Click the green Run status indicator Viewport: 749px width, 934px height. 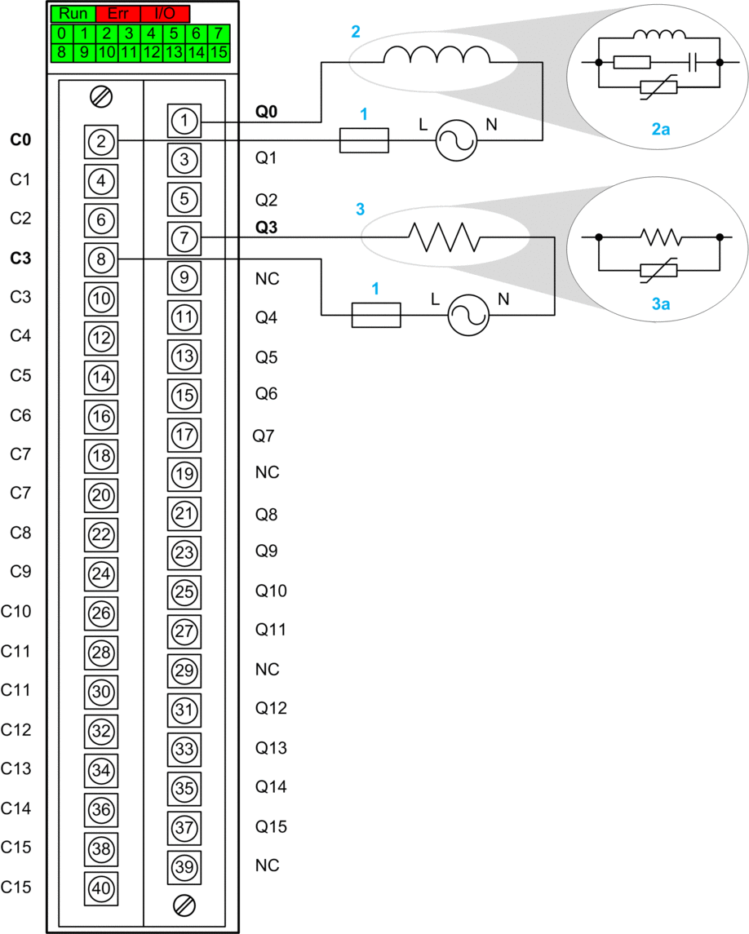[x=73, y=14]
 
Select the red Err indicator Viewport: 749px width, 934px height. [x=117, y=14]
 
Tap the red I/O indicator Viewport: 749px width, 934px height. [x=164, y=14]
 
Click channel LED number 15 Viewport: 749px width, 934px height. [x=218, y=52]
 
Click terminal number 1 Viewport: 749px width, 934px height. [x=184, y=122]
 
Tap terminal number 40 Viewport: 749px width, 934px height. [x=101, y=887]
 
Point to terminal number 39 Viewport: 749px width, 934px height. [x=184, y=867]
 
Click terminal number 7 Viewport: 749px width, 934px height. [x=184, y=238]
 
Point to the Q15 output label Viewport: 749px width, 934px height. [x=271, y=826]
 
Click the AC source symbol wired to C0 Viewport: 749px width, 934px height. [x=455, y=141]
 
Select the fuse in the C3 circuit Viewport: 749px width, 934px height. [x=376, y=315]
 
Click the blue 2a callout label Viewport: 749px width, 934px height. [x=660, y=129]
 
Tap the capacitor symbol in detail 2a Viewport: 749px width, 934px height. [x=691, y=61]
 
